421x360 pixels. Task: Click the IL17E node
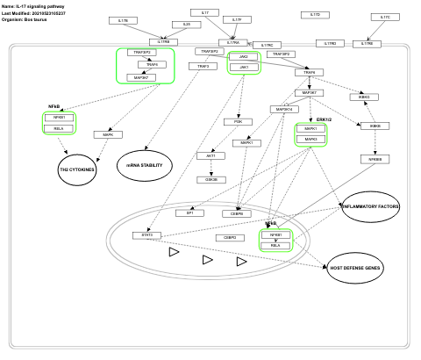tap(123, 19)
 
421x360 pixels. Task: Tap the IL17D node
tap(316, 15)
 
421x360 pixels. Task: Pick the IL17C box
tap(384, 18)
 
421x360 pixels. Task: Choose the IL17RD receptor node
tap(331, 43)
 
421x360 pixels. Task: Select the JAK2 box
tap(243, 56)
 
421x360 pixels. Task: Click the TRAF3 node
tap(203, 66)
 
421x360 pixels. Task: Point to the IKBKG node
tap(363, 97)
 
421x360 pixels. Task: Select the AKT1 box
tap(210, 155)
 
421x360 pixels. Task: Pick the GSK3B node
tap(210, 179)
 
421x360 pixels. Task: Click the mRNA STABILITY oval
tap(145, 165)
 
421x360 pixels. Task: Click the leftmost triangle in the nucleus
tap(174, 252)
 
